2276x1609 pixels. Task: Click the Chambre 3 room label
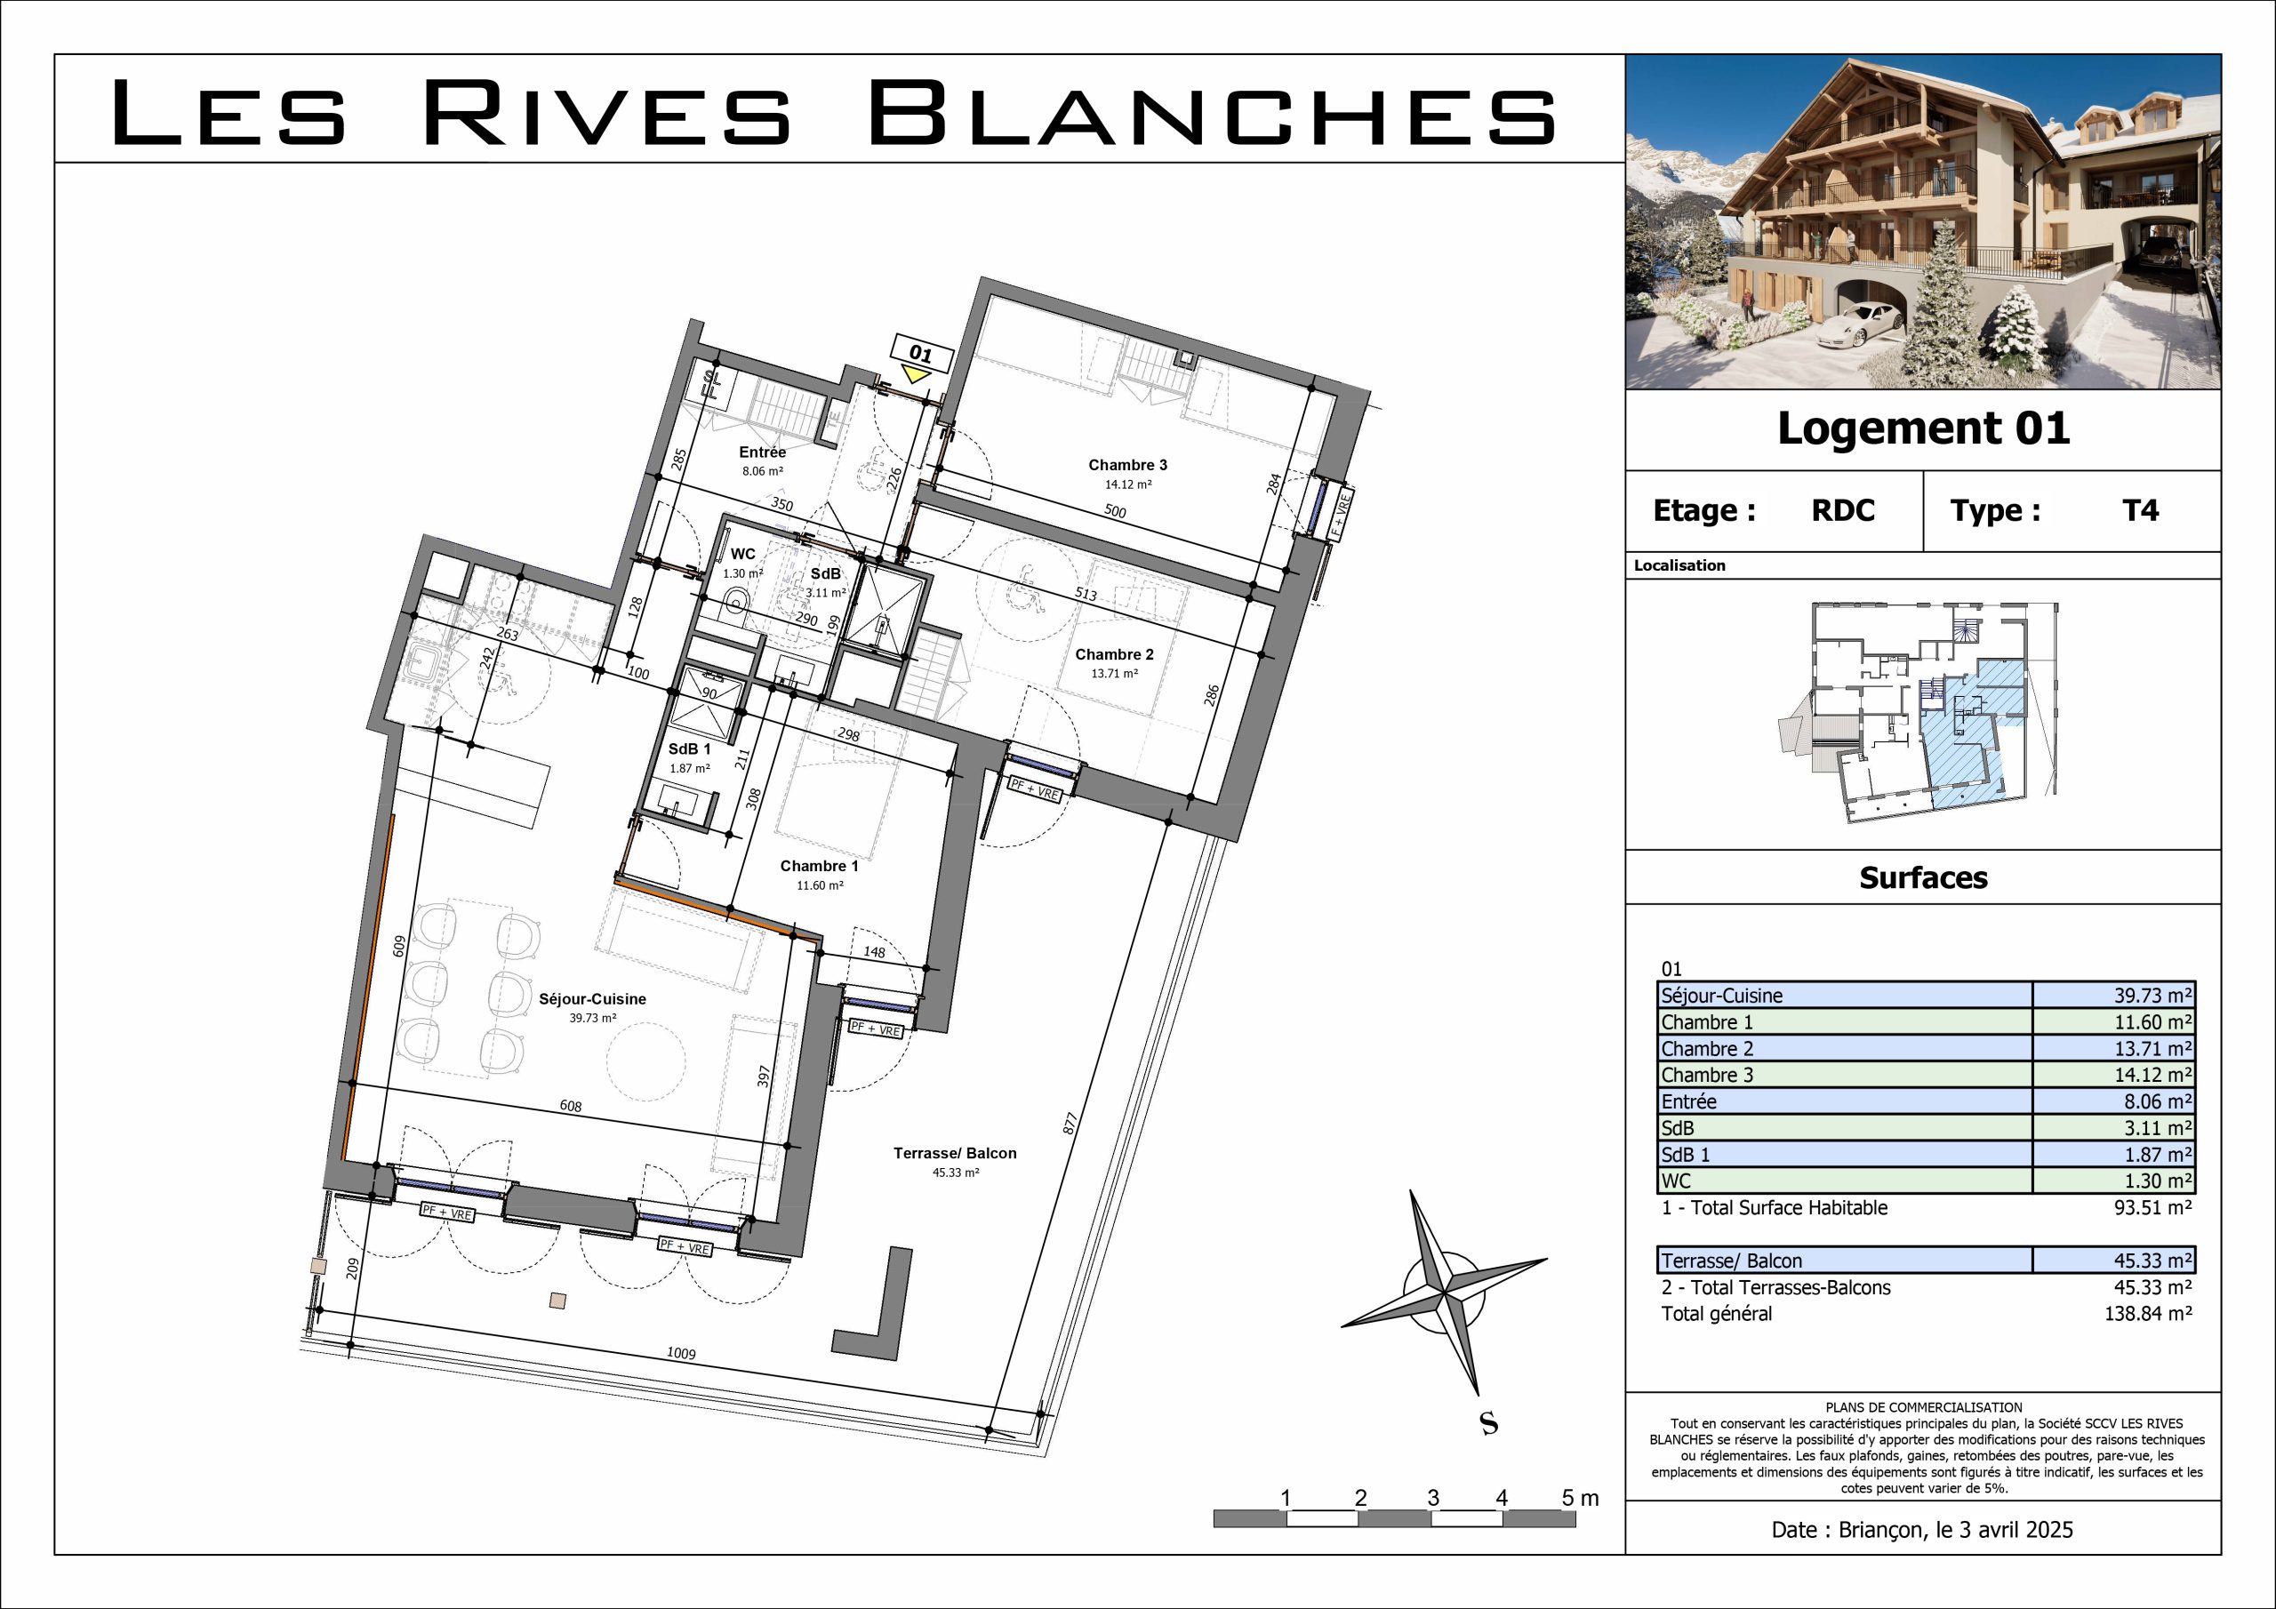[1127, 465]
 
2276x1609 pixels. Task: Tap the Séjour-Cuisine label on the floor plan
[592, 999]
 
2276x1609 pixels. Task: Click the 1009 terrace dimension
[681, 1353]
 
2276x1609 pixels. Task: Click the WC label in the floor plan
[742, 554]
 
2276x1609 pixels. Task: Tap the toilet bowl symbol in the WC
[735, 599]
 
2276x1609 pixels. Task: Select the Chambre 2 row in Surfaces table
[1925, 1049]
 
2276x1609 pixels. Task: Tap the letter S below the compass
[1488, 1423]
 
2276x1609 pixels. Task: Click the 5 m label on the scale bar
[1580, 1498]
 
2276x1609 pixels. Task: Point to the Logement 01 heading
[1923, 428]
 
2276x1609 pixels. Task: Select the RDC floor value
[1843, 510]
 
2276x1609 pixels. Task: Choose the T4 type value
[2140, 510]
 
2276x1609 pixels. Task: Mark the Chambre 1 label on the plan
[819, 866]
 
